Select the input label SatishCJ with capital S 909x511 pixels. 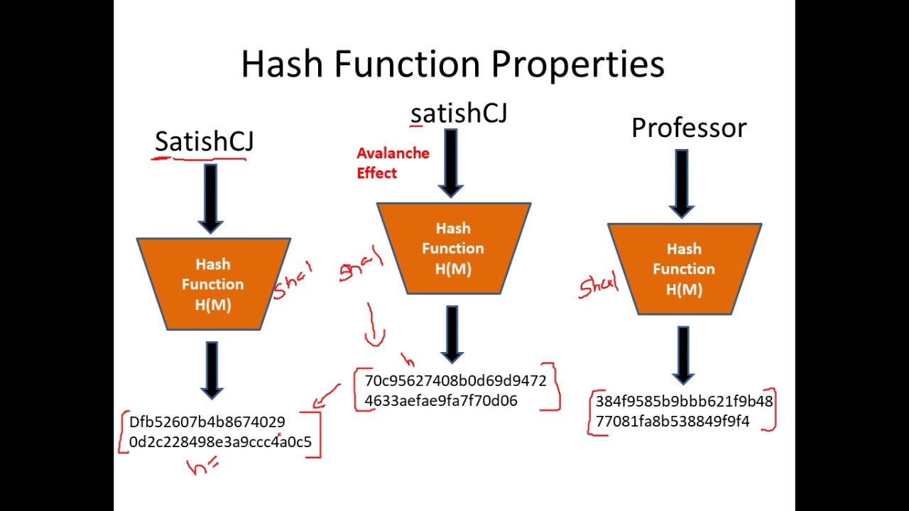point(204,142)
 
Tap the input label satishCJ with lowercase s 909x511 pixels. point(459,114)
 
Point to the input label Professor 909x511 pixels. point(688,128)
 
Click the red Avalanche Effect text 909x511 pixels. point(393,163)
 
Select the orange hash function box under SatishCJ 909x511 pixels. point(213,284)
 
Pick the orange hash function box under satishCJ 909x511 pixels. point(453,248)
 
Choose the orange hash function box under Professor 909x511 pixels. point(684,269)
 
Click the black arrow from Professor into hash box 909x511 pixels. point(682,183)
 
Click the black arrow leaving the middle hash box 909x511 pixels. point(452,334)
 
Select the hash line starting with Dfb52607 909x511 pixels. point(207,422)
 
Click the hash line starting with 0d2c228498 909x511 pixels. point(220,442)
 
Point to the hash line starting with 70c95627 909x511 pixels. point(455,381)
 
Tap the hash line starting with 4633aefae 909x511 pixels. point(440,401)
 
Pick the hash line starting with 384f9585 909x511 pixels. point(683,402)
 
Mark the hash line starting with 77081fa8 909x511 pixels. point(672,422)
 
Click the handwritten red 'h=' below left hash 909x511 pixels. point(203,466)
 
